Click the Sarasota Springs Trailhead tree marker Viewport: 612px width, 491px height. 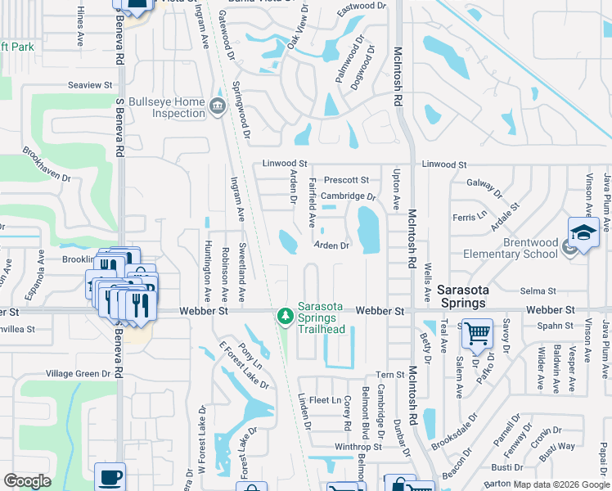pyautogui.click(x=285, y=315)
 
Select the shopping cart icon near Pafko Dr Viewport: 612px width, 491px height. pyautogui.click(x=477, y=333)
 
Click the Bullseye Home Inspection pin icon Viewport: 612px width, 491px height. pyautogui.click(x=217, y=106)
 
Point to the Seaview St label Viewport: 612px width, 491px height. pyautogui.click(x=90, y=85)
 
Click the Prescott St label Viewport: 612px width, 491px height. pyautogui.click(x=346, y=180)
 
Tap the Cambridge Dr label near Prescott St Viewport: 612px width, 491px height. pyautogui.click(x=348, y=196)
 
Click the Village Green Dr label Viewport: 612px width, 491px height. pyautogui.click(x=78, y=374)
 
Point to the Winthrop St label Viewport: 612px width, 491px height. pyautogui.click(x=358, y=447)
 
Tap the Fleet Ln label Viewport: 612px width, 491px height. pyautogui.click(x=325, y=400)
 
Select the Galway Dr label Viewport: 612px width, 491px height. pyautogui.click(x=480, y=184)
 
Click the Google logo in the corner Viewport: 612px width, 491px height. pyautogui.click(x=27, y=481)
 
